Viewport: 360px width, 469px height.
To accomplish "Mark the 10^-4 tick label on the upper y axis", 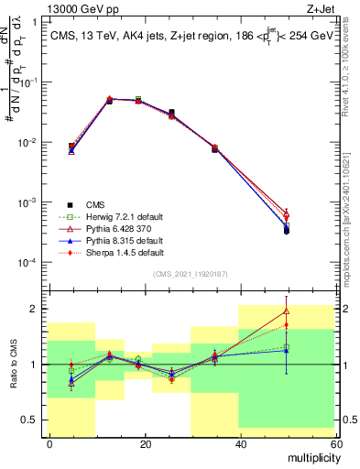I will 29,262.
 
